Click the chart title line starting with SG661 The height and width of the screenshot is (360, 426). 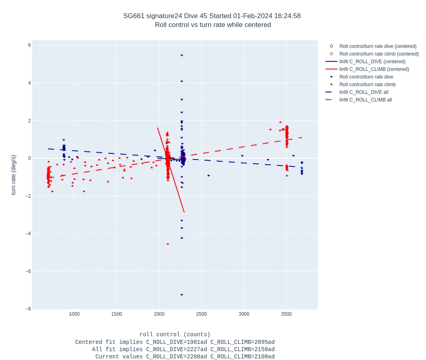[212, 16]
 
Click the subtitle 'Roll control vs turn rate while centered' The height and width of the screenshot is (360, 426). [213, 25]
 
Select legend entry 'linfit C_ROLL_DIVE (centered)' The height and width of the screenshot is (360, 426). [372, 62]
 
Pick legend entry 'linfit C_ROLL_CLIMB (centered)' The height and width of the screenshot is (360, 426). [374, 69]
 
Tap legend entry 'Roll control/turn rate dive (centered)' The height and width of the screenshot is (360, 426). [378, 46]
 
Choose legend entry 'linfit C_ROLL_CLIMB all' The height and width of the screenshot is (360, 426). [365, 100]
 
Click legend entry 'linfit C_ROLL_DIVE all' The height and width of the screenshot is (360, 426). [364, 92]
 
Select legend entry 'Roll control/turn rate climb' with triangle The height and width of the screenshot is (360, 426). [367, 85]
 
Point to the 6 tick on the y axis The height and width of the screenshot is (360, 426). [29, 45]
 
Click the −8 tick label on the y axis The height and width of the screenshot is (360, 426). [28, 309]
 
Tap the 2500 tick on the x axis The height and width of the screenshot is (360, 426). [201, 314]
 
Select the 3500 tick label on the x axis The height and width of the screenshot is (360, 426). [286, 314]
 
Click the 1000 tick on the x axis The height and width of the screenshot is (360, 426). [74, 314]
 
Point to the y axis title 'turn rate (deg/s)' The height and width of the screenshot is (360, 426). [14, 175]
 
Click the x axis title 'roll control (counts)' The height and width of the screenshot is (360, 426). [175, 335]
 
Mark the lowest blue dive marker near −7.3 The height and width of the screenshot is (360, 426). [182, 295]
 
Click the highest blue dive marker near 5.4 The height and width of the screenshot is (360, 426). [182, 56]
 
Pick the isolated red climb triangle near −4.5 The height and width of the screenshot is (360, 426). [168, 244]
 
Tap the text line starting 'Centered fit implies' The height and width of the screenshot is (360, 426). [175, 342]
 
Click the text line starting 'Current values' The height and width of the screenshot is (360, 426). [185, 357]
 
